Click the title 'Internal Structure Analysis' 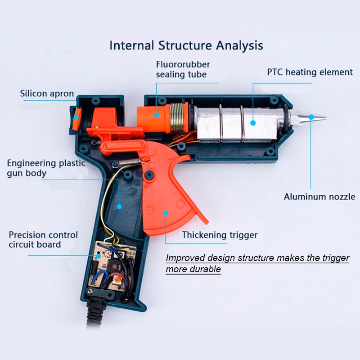click(186, 45)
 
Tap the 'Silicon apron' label click(47, 94)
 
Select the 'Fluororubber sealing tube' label click(183, 69)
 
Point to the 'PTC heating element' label click(310, 72)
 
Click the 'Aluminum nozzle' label click(319, 197)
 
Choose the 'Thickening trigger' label click(220, 235)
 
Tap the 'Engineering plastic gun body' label click(46, 168)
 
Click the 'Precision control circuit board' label click(43, 240)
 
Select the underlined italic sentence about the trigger click(257, 263)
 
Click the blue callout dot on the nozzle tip click(311, 117)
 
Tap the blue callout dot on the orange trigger click(165, 213)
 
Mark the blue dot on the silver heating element click(253, 123)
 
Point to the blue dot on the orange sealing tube click(157, 115)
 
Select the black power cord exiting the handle click(95, 315)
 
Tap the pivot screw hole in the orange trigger click(149, 175)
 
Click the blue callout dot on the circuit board click(98, 256)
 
